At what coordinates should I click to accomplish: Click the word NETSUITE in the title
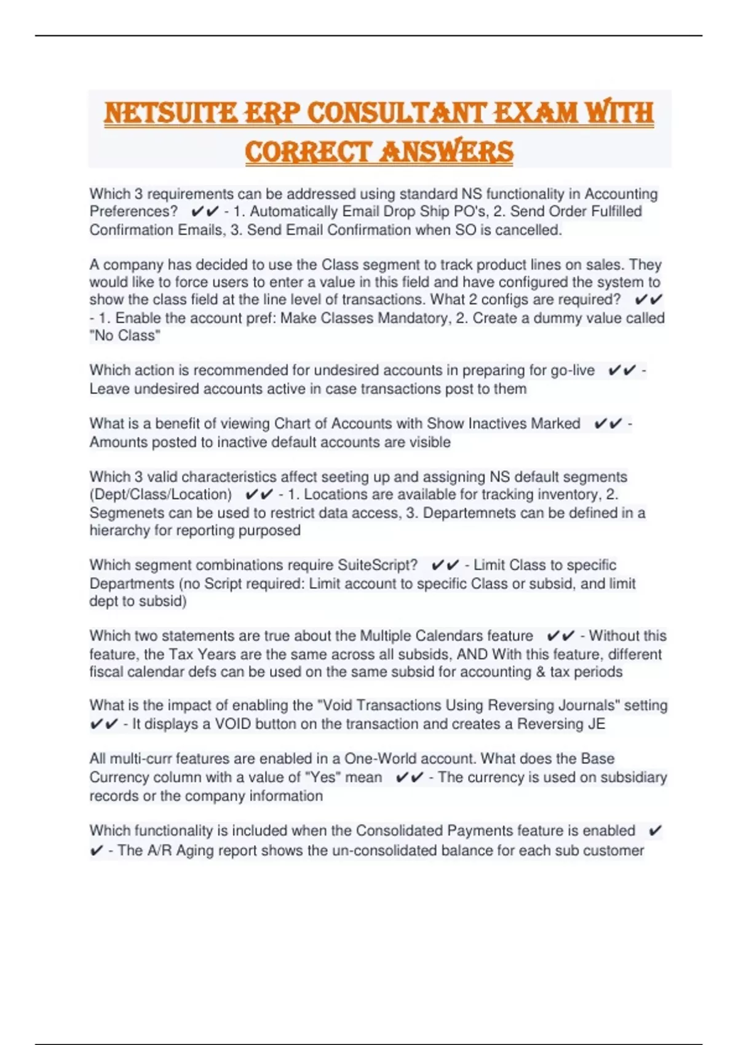pyautogui.click(x=170, y=113)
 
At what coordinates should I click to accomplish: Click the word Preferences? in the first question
pyautogui.click(x=133, y=211)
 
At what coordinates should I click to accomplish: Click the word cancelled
pyautogui.click(x=528, y=230)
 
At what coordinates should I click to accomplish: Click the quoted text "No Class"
pyautogui.click(x=125, y=336)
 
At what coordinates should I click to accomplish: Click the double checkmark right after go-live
pyautogui.click(x=621, y=370)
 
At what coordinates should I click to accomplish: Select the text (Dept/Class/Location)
pyautogui.click(x=161, y=494)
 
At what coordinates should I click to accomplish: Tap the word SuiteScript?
pyautogui.click(x=378, y=565)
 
